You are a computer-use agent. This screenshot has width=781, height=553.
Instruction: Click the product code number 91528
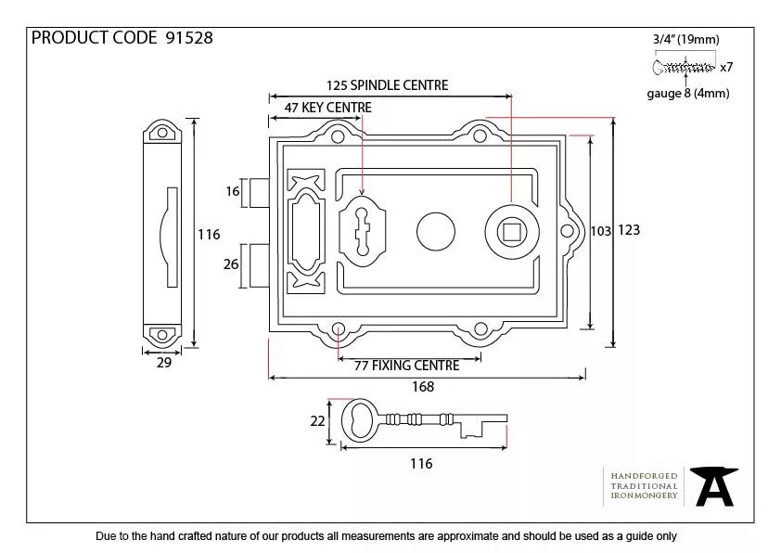point(188,38)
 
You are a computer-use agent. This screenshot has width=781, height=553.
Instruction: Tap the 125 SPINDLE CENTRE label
point(387,85)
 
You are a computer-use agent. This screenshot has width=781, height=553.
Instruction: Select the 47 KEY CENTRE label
point(327,108)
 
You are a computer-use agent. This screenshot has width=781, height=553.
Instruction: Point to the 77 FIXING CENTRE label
point(407,366)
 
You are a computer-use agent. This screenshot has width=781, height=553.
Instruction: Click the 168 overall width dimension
point(422,388)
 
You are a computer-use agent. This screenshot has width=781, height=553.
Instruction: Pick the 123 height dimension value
point(629,230)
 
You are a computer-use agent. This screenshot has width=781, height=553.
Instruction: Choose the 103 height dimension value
point(601,230)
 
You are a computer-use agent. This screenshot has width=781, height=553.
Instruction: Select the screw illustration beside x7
point(685,67)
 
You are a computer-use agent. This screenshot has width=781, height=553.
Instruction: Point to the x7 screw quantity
point(727,67)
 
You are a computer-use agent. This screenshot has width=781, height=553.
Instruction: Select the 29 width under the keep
point(163,363)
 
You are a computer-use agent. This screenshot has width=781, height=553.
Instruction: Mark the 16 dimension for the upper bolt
point(233,192)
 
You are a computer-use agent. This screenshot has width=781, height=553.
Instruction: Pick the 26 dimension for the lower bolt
point(232,264)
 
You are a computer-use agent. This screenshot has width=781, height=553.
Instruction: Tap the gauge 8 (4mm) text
point(687,93)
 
